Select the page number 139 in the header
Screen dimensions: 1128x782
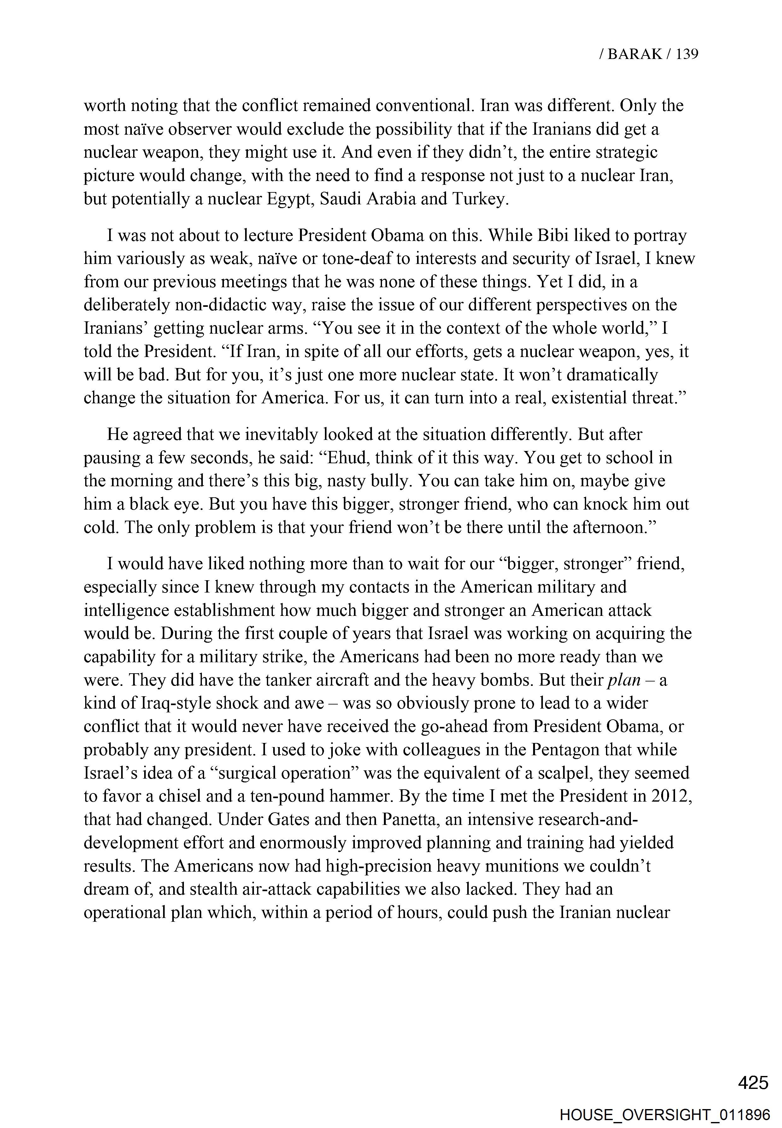pyautogui.click(x=687, y=54)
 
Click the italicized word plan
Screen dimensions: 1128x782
pyautogui.click(x=624, y=680)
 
